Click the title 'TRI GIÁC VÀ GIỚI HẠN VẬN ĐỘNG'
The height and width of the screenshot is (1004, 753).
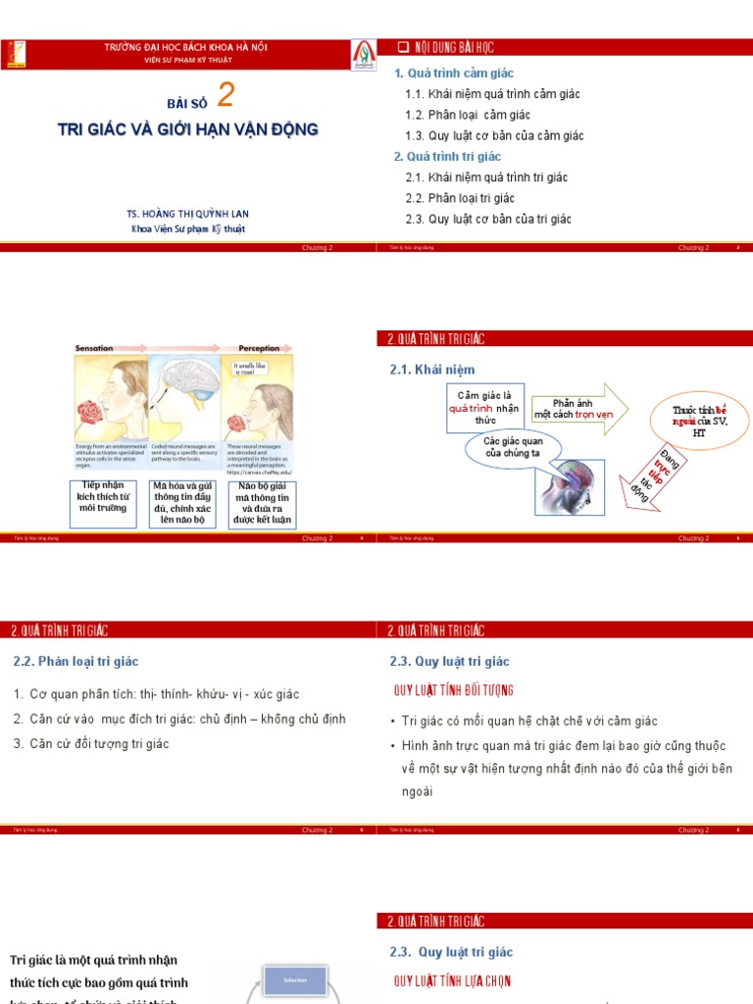click(187, 129)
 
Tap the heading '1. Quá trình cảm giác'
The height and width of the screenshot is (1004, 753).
click(454, 74)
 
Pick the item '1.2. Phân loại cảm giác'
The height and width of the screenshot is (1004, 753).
click(468, 115)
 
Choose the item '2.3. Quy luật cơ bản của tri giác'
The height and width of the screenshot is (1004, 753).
click(487, 219)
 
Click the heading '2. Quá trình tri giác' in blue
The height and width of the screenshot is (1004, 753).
click(447, 157)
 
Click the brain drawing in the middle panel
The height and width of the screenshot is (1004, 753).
click(183, 380)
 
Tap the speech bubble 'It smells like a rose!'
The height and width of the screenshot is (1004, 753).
click(250, 368)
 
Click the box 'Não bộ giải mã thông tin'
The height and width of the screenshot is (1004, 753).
click(262, 504)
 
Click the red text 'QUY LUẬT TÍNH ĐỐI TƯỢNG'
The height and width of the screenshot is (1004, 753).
click(453, 691)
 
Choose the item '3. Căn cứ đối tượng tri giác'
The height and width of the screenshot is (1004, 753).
click(91, 744)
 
